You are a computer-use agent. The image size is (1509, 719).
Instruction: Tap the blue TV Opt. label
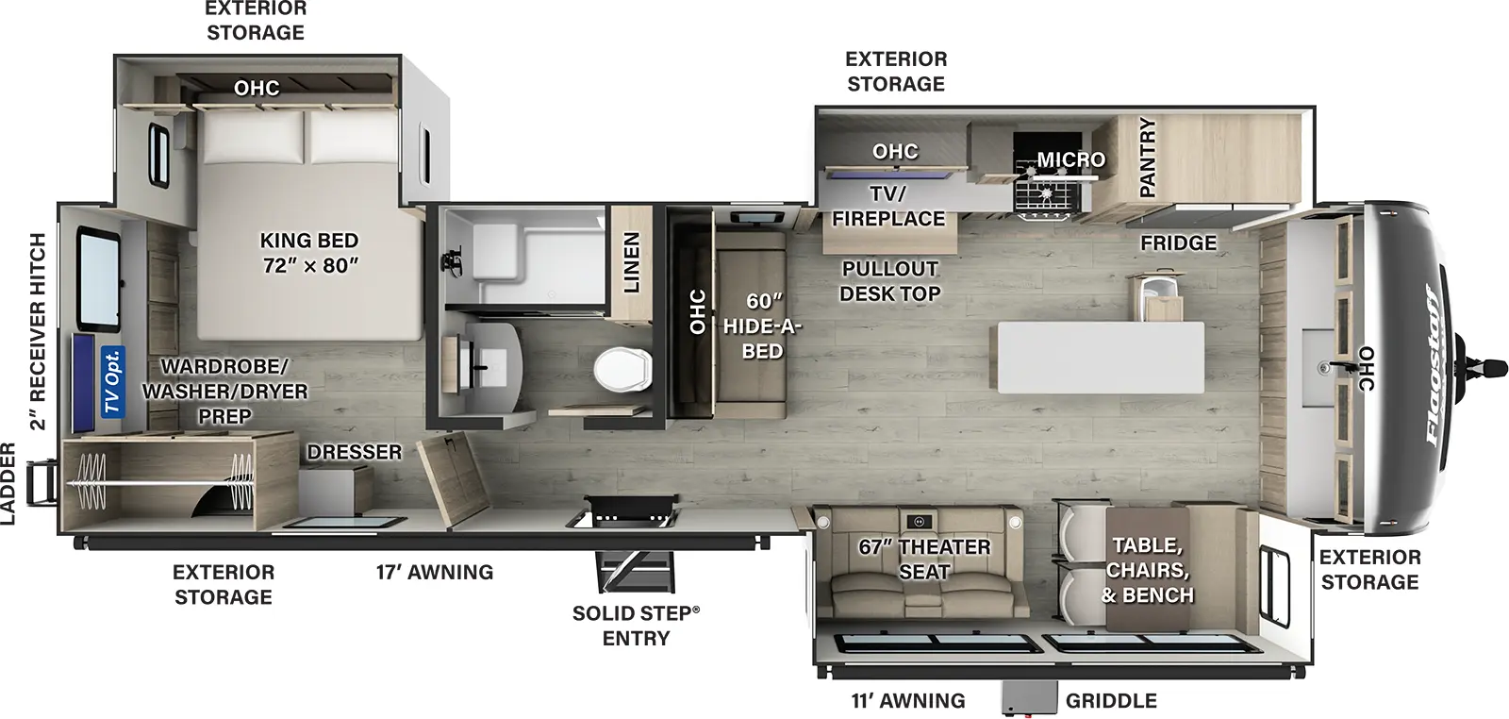tap(112, 381)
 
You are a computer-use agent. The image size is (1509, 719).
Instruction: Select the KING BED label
tap(309, 253)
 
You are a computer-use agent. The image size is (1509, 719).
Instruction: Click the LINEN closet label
tap(631, 261)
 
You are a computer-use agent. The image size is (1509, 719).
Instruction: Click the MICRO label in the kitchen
tap(1071, 159)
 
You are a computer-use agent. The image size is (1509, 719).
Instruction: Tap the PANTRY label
tap(1147, 158)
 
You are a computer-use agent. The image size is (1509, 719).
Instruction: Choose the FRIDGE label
tap(1178, 242)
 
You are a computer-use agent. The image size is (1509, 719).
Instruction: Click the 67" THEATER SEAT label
tap(924, 559)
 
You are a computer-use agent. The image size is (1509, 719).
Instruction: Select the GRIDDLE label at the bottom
tap(1111, 700)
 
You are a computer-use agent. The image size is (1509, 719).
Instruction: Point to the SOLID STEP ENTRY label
tap(637, 625)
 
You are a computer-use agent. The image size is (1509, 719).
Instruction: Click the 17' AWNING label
tap(435, 572)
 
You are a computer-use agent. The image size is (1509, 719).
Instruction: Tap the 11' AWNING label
tap(908, 700)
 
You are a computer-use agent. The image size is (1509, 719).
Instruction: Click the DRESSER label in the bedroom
tap(355, 452)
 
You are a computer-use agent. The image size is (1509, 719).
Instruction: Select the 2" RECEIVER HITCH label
tap(38, 331)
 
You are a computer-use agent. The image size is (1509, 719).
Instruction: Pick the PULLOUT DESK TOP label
tap(890, 281)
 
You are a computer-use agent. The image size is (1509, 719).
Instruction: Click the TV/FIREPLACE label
tap(887, 206)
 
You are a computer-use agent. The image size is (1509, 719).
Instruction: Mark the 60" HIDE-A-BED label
tap(762, 326)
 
